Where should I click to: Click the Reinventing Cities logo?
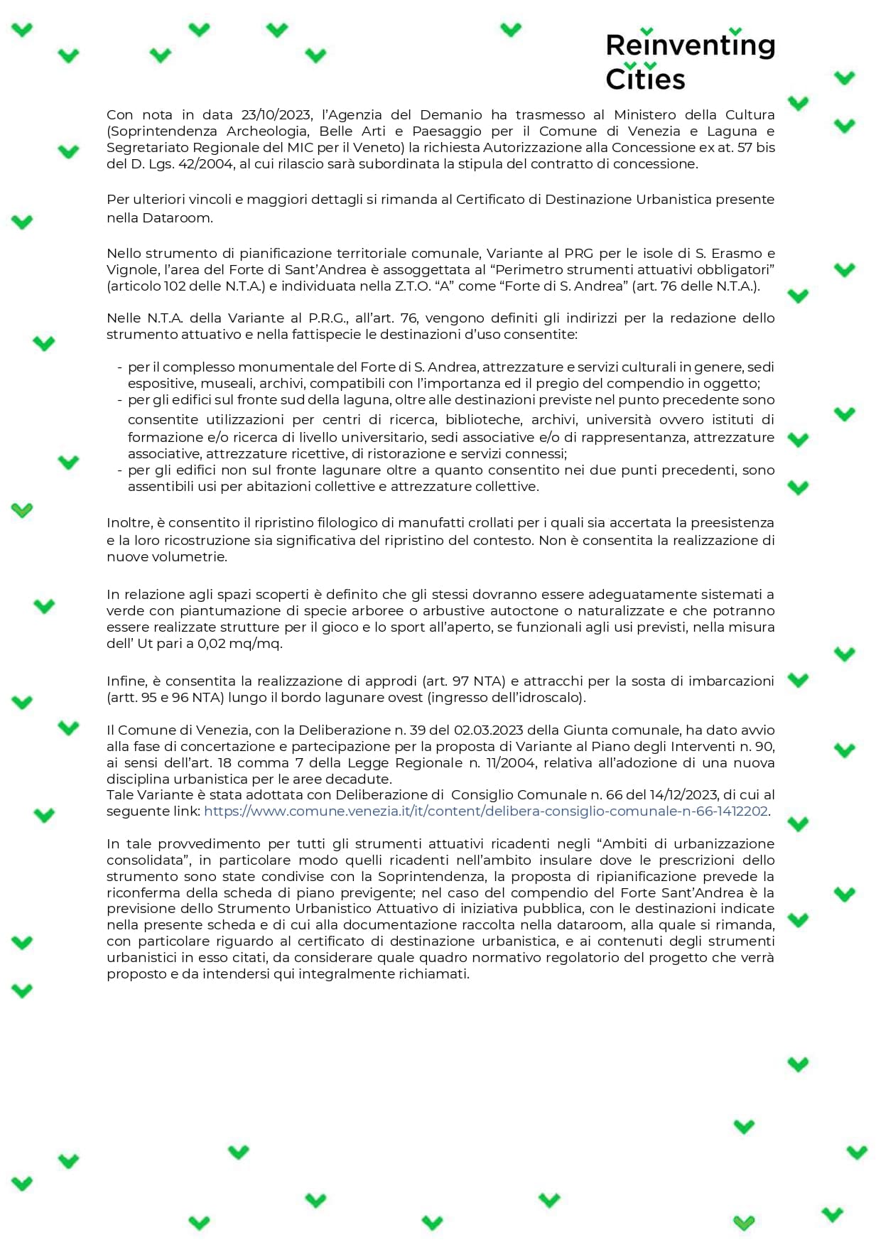click(689, 60)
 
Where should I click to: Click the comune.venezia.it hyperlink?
click(486, 811)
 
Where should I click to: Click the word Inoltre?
click(129, 523)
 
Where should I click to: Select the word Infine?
click(126, 681)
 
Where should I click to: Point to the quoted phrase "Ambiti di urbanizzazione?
click(686, 843)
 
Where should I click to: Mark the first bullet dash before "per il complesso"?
click(120, 367)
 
